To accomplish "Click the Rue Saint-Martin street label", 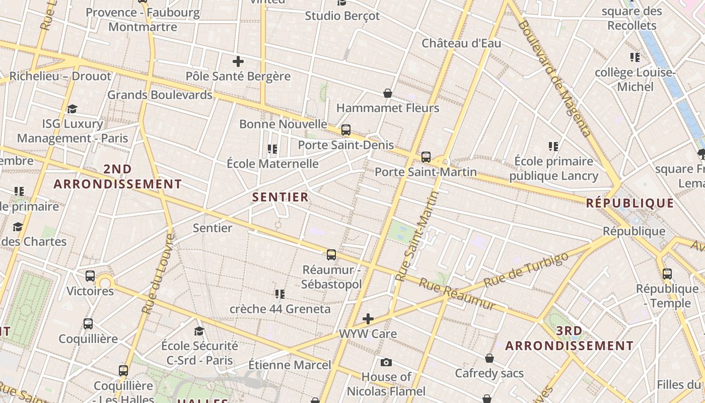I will [417, 236].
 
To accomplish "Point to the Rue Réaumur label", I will [456, 295].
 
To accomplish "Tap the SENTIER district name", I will [280, 197].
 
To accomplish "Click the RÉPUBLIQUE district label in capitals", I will [630, 203].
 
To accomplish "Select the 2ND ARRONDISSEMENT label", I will [118, 177].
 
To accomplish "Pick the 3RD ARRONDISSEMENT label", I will [570, 339].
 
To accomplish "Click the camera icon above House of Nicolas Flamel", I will [386, 362].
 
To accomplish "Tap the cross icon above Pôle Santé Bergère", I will [238, 62].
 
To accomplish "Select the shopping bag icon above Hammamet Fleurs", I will [388, 93].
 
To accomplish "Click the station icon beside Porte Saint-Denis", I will [345, 130].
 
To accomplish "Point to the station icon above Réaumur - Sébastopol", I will [331, 255].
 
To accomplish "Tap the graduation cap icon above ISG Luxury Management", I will [73, 109].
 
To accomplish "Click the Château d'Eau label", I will [461, 43].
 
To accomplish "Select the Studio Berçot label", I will [342, 16].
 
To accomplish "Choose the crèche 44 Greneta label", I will [280, 309].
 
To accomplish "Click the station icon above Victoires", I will [90, 276].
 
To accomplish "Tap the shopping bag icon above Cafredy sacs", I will [489, 358].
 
